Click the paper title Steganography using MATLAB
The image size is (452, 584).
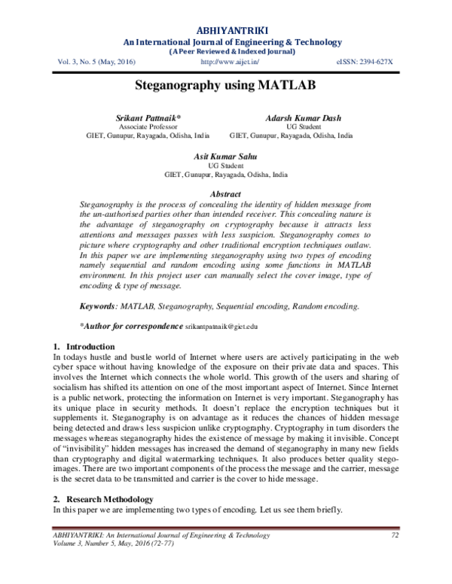225,86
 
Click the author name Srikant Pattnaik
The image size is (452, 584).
148,119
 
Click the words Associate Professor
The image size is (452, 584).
148,128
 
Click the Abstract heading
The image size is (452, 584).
225,194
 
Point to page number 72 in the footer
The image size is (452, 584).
394,535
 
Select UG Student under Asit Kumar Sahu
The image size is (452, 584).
225,165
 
